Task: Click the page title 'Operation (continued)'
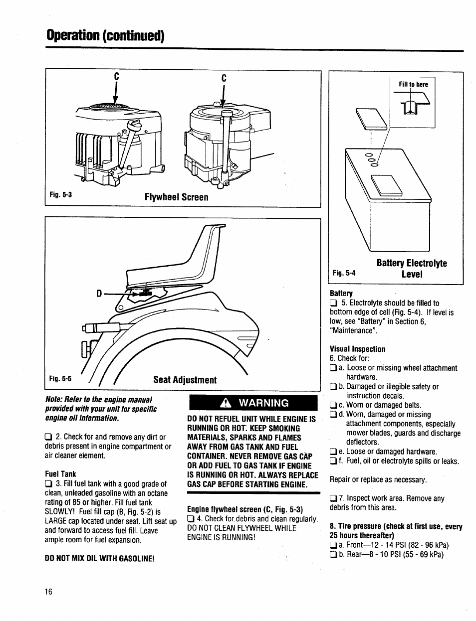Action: tap(105, 36)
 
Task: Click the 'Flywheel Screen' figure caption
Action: tap(176, 197)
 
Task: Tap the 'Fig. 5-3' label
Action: tap(60, 195)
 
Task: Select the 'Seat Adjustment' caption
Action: tap(185, 380)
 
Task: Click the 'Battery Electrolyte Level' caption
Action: tap(412, 269)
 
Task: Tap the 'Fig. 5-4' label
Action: tap(344, 273)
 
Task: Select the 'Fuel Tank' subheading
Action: tap(60, 474)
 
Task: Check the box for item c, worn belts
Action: tap(333, 405)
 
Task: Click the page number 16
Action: tap(48, 592)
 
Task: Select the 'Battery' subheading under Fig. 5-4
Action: tap(341, 294)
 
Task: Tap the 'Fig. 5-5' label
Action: tap(60, 379)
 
